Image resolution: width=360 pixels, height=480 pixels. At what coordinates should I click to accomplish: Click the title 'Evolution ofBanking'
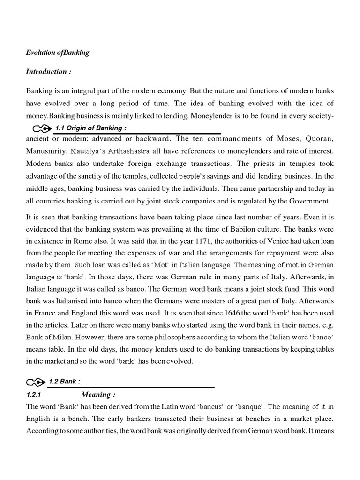click(57, 52)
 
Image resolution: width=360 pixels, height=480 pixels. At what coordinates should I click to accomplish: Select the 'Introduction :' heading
click(46, 72)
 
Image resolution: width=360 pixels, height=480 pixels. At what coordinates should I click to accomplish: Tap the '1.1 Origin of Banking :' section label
click(91, 128)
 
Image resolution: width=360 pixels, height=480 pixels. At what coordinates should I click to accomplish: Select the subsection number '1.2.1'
click(34, 395)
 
